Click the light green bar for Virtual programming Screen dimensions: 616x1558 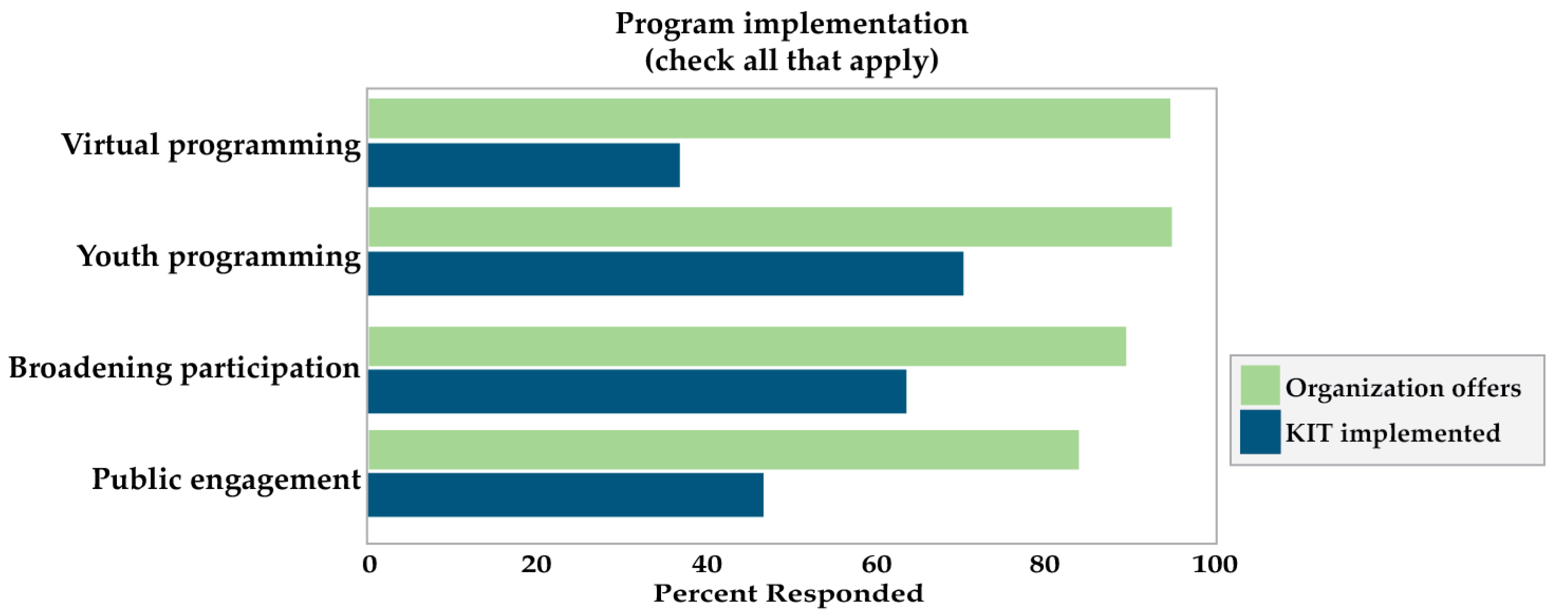[x=768, y=118]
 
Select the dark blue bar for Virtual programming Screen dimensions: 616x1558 [x=523, y=165]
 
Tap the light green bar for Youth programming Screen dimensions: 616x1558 [x=769, y=227]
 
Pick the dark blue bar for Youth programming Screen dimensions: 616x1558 [x=665, y=273]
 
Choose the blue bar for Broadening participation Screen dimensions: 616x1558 [x=636, y=391]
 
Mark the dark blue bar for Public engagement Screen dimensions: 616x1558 [x=565, y=494]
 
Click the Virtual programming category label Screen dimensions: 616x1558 [x=210, y=145]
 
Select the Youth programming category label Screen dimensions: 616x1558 [x=218, y=257]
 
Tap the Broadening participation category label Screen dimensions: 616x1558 [x=184, y=368]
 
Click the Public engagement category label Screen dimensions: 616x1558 [x=226, y=479]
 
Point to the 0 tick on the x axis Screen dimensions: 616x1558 [x=370, y=564]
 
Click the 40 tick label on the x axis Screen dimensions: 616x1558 [x=707, y=564]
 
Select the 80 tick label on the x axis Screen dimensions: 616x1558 [x=1044, y=564]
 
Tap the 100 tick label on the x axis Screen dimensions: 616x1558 [x=1214, y=564]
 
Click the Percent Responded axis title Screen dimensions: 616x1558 [x=788, y=593]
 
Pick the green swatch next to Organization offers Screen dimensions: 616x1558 [x=1260, y=385]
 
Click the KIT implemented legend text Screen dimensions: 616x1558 [x=1392, y=433]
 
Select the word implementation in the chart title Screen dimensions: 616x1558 [x=855, y=24]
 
